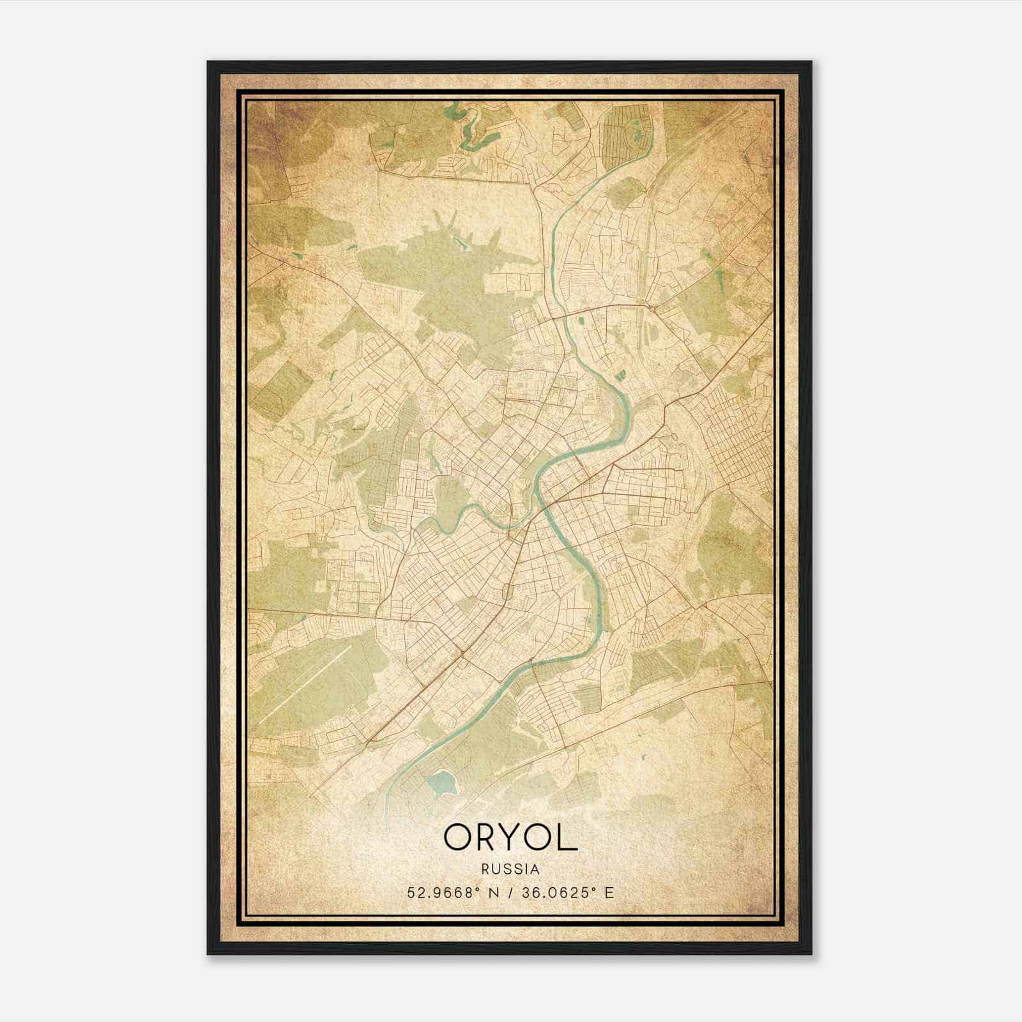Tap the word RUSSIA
point(510,869)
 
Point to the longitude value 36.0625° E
point(564,892)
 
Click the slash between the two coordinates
point(509,892)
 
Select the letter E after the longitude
point(609,892)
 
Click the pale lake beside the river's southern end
point(440,781)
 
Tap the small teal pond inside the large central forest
point(461,243)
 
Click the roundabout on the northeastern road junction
point(652,307)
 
